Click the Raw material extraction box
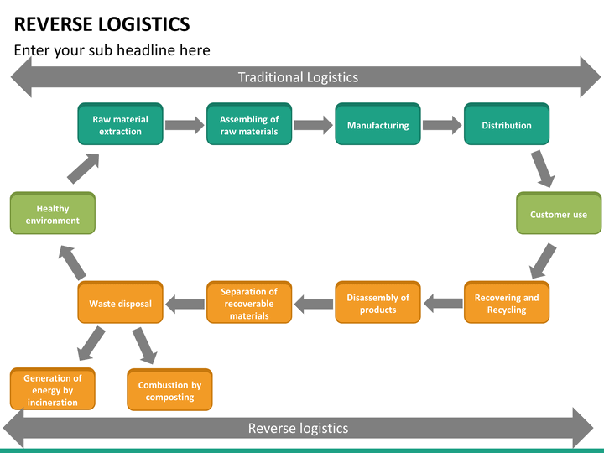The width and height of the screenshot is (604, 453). click(120, 124)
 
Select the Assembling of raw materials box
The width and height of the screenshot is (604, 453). click(249, 124)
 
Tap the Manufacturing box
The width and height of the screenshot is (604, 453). click(377, 124)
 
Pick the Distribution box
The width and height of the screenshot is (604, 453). click(507, 124)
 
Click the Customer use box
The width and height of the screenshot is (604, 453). click(559, 213)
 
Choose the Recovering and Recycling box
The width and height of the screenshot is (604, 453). click(507, 302)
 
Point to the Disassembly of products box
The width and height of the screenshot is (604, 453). click(377, 302)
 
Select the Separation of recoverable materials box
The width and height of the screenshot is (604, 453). click(249, 302)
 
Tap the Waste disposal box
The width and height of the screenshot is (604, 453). click(120, 302)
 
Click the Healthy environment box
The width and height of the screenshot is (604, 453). click(52, 213)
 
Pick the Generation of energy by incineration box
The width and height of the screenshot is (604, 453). click(52, 389)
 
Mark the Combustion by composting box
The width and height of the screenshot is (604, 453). click(169, 390)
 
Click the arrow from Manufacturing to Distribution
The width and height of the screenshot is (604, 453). click(442, 125)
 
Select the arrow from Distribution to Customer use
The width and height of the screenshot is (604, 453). click(543, 169)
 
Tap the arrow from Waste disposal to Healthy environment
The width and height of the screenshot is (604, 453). click(72, 263)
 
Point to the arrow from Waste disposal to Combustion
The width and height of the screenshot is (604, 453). click(145, 346)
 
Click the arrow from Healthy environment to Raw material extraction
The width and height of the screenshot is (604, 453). click(83, 169)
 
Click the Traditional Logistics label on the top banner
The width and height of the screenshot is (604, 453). click(298, 77)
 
